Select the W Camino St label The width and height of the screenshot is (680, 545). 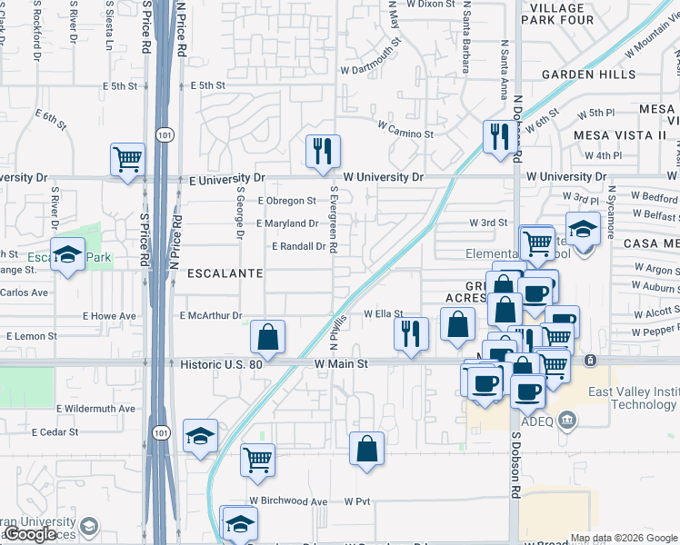click(405, 134)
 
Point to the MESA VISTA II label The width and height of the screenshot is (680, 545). click(620, 135)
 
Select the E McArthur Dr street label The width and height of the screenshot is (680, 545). click(208, 316)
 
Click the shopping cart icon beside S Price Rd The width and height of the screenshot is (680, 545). click(128, 159)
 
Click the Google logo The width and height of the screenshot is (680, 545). click(30, 535)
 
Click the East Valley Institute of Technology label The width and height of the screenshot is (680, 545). click(631, 398)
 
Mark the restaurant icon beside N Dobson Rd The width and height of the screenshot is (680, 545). click(498, 136)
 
